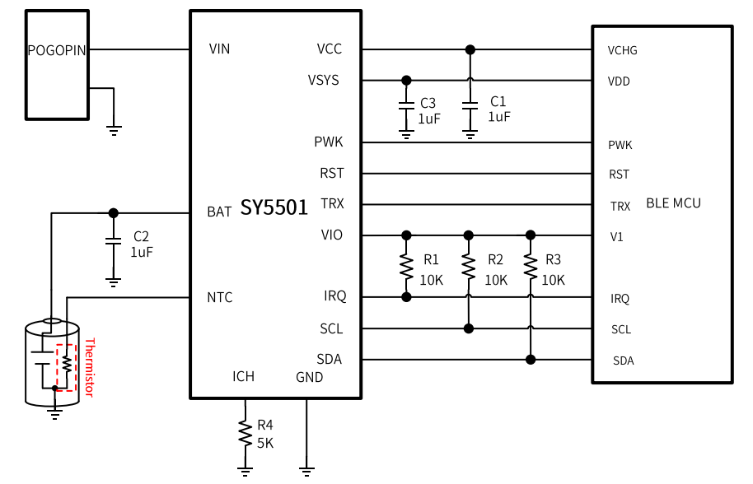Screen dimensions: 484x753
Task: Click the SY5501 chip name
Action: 274,207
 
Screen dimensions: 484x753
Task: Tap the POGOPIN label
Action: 57,50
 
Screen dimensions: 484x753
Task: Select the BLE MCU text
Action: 673,202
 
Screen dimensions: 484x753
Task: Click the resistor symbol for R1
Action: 406,266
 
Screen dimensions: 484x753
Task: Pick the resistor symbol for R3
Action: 531,266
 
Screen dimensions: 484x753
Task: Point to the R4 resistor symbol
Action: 245,433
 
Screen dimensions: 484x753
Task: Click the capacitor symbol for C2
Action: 114,242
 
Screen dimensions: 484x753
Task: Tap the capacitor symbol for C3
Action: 406,106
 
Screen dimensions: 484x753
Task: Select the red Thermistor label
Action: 90,367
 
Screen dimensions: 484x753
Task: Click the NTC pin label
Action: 220,297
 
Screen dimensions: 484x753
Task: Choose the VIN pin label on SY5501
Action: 220,49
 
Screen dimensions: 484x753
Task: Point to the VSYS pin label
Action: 323,81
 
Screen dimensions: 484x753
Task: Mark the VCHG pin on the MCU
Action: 622,50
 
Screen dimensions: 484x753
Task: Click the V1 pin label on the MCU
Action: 617,237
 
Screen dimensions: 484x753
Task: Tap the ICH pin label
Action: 243,376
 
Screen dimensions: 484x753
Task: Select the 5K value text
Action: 265,442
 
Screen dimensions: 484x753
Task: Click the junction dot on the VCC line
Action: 470,49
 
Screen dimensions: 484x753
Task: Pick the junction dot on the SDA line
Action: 531,359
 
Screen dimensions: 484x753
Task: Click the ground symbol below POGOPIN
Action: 114,128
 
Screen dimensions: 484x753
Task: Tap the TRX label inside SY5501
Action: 332,203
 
